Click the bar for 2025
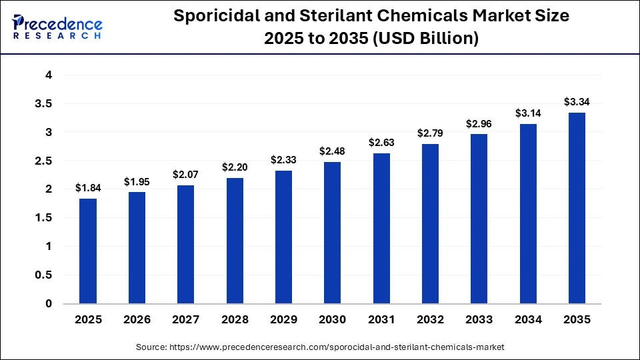pos(88,251)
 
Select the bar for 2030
pos(333,233)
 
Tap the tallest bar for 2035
pos(577,208)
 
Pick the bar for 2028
pos(235,241)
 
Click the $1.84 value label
pos(88,188)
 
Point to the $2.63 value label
pos(381,143)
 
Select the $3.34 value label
pos(577,102)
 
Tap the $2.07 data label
pos(186,175)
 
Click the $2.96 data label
pos(479,123)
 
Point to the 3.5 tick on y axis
pos(42,104)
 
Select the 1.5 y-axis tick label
pos(42,218)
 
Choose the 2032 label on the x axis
pos(430,320)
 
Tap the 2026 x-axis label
pos(137,320)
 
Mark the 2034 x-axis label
pos(528,320)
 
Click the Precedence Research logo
pos(57,27)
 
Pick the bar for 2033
pos(479,219)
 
